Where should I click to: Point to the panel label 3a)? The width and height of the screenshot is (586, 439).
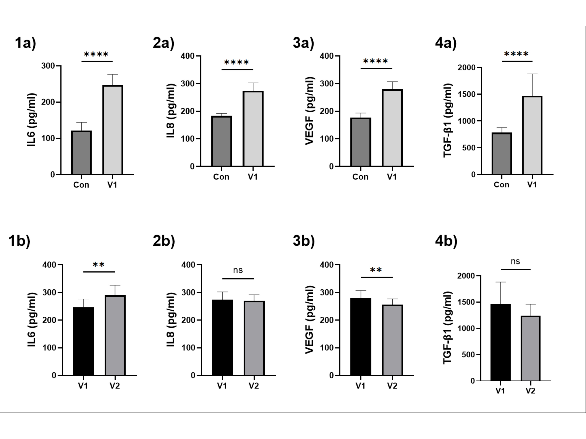303,43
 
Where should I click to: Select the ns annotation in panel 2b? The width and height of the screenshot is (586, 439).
238,270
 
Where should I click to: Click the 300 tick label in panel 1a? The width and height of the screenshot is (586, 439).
48,66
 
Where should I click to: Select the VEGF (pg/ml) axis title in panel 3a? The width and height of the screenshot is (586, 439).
309,111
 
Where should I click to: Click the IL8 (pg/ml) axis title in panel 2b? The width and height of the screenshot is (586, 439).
171,320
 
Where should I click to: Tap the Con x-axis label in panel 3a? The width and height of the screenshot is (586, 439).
360,177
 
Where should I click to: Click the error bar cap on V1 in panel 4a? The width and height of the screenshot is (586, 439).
532,74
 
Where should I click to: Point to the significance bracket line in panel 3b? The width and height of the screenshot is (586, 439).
377,277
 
